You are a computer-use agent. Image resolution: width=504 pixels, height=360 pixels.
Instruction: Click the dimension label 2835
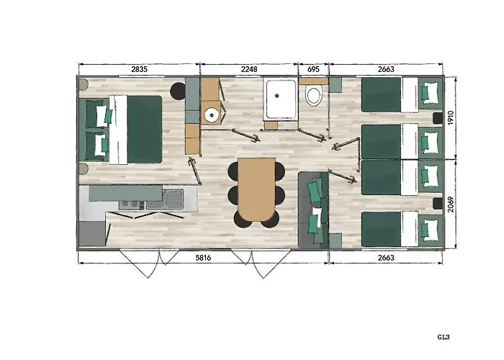coord(139,69)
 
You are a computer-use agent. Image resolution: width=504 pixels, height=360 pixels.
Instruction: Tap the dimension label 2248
coord(249,69)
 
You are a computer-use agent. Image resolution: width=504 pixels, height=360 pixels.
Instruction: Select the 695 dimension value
coord(313,69)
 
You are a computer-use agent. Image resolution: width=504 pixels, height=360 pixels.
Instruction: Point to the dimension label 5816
coord(204,258)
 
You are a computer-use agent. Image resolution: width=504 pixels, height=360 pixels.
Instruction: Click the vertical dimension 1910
coord(450,117)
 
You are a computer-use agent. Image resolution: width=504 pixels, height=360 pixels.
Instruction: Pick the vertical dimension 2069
coord(450,204)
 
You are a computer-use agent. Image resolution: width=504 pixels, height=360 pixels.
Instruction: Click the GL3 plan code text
coord(444,337)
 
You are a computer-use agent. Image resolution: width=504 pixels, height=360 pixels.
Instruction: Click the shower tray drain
coord(276,96)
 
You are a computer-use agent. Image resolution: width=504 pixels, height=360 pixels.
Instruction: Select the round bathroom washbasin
coord(212,114)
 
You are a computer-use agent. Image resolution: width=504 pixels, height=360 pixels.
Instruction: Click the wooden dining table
coord(256,189)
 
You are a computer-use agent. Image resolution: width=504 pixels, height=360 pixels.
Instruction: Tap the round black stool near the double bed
coord(177,91)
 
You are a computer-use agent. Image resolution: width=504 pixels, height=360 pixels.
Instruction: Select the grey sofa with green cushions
coord(313,210)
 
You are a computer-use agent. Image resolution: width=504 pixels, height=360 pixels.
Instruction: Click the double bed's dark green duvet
coord(144,129)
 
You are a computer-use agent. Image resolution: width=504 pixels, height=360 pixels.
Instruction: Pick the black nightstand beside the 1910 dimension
coord(438,118)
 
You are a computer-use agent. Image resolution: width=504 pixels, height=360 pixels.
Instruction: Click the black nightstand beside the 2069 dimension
coord(438,203)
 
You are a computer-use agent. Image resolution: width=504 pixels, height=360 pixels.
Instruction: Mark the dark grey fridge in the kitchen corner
coord(92,234)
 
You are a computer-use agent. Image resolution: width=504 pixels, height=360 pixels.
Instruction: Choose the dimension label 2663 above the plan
coord(386,69)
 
